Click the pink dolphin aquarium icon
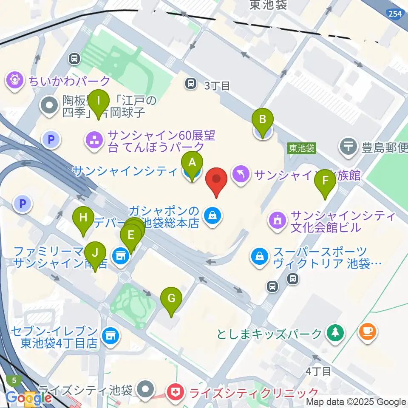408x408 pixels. point(241,175)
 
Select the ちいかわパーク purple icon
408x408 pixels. point(15,80)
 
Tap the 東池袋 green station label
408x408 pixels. point(302,148)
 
